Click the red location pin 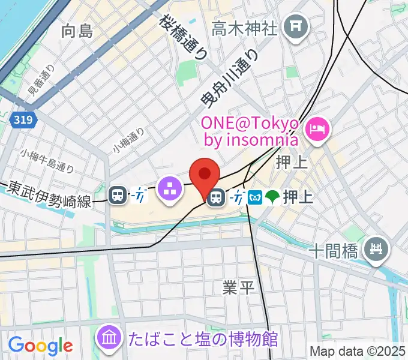[205, 175]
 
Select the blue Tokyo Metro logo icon [254, 197]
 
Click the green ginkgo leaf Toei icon [272, 197]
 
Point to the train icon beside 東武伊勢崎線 [118, 194]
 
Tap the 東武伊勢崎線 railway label [50, 195]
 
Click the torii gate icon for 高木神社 [295, 26]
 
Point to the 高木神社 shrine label [246, 27]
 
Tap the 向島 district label [77, 31]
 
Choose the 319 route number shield [23, 121]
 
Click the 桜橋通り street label [183, 37]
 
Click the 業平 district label [239, 287]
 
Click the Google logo [40, 346]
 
